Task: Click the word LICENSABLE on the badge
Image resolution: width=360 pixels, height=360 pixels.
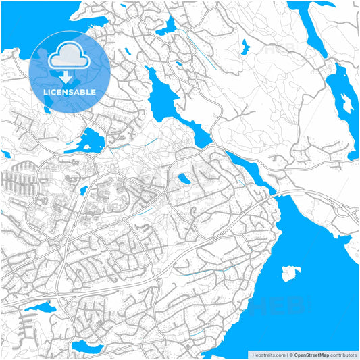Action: (70, 91)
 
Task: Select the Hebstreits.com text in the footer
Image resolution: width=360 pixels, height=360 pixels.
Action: (269, 354)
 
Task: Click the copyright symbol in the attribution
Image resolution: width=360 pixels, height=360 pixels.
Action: (290, 354)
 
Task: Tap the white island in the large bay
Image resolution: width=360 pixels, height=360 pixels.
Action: (290, 273)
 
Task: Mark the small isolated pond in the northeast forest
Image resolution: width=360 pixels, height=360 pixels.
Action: (244, 47)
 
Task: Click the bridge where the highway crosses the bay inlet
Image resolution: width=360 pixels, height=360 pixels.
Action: (278, 194)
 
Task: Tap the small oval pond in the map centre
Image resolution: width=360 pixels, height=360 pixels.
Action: (183, 179)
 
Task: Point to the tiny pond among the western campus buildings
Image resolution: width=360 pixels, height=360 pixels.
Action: (83, 192)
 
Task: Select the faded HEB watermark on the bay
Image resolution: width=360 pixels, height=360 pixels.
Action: (284, 307)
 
